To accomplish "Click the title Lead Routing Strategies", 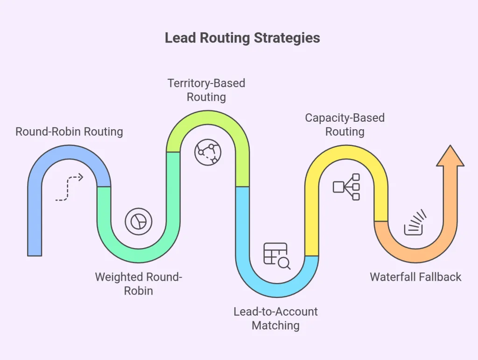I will tap(242, 38).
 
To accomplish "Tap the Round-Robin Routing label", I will tap(69, 132).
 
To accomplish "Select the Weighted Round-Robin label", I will tap(138, 284).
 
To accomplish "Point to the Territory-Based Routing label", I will tap(206, 90).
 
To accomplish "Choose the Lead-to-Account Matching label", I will tap(275, 318).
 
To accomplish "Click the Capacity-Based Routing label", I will tap(344, 125).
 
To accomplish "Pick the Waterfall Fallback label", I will tap(415, 277).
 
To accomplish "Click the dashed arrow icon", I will tap(69, 188).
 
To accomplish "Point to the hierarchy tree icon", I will tap(346, 187).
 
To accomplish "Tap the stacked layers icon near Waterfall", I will tap(415, 222).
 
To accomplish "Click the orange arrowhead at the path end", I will tap(450, 156).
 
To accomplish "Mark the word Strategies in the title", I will tap(287, 38).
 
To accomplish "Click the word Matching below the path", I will tap(275, 325).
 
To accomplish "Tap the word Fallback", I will tap(439, 277).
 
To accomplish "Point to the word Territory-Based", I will tap(206, 83).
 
